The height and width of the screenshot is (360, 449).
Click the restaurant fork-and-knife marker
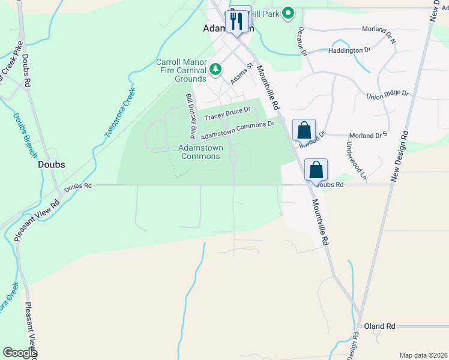238,22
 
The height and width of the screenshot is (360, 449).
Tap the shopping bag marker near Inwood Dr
304,130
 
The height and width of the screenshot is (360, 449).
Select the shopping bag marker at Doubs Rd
316,170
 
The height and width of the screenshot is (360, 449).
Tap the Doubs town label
51,164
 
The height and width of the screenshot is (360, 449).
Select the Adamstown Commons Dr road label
237,128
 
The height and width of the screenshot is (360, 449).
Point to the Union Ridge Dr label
387,94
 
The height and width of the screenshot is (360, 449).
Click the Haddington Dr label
349,50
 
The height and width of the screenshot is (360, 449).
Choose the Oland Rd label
379,326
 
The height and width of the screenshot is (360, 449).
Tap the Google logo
20,353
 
